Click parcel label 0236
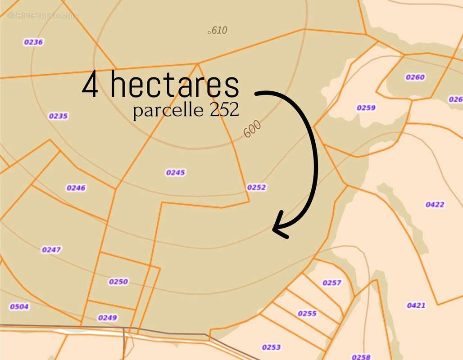point(33,42)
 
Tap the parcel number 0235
point(58,116)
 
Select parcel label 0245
point(176,172)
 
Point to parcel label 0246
point(76,188)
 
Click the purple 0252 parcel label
point(256,187)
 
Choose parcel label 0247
point(51,250)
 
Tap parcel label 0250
point(118,282)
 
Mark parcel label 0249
point(107,318)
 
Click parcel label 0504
point(19,306)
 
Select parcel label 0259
point(366,108)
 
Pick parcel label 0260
point(415,77)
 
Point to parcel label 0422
point(435,204)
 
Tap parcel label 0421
point(416,305)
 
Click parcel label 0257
point(332,283)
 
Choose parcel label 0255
point(307,313)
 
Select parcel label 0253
point(271,347)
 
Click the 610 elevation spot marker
point(209,32)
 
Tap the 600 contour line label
point(253,130)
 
